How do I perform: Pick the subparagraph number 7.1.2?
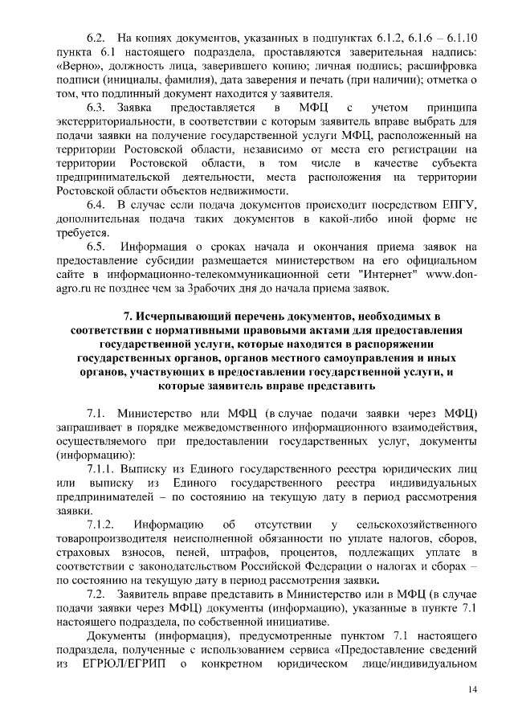coord(100,525)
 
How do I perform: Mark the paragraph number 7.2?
coord(96,594)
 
